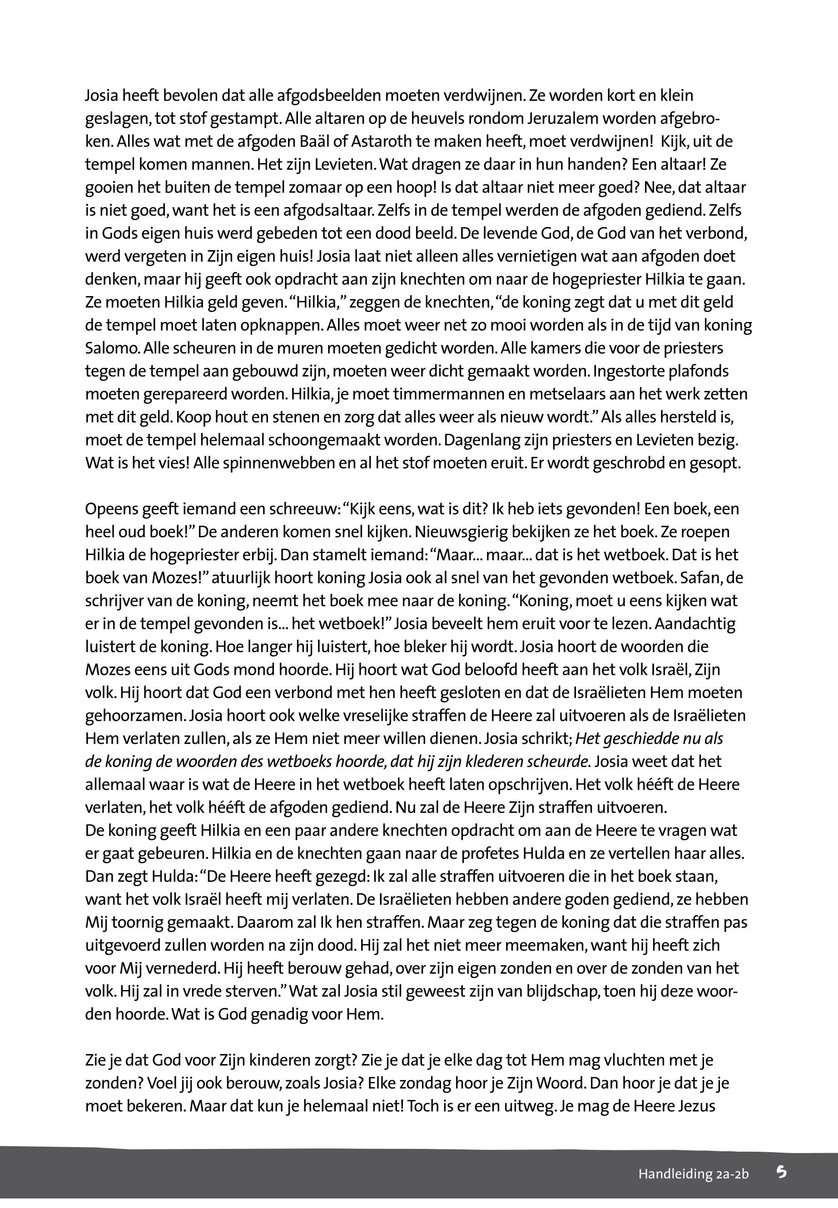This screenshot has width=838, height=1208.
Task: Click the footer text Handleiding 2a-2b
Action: point(693,1174)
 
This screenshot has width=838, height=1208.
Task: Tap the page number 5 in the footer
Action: point(782,1172)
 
